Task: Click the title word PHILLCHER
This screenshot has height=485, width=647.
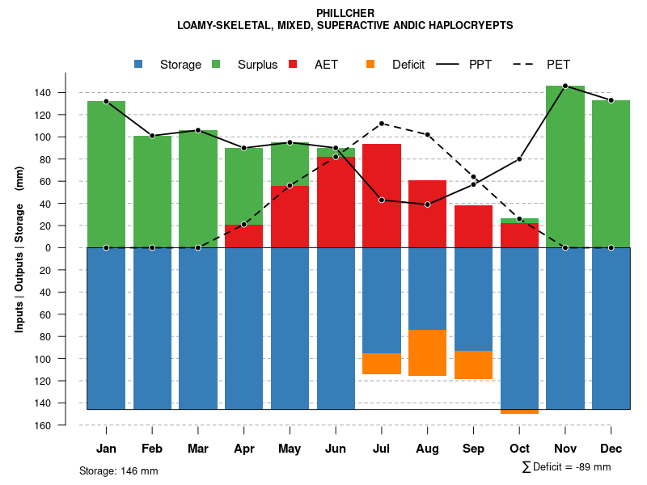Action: point(345,14)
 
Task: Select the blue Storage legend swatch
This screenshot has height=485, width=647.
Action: point(139,64)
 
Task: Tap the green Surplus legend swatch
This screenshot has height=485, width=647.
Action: point(217,64)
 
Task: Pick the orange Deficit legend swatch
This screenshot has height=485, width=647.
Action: point(370,64)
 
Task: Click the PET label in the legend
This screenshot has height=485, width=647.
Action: point(558,65)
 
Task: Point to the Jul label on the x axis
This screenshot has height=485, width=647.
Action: point(382,449)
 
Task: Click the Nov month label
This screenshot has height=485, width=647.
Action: point(565,449)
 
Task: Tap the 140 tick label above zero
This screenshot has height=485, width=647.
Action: point(66,93)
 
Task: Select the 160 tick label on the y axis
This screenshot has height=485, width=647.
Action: point(66,425)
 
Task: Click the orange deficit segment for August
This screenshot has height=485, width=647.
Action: point(428,352)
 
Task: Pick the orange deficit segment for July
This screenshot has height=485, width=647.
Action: point(382,364)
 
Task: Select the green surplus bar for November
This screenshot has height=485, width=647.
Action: point(565,167)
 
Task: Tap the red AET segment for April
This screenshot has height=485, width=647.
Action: point(244,236)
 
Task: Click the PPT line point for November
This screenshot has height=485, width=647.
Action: point(565,86)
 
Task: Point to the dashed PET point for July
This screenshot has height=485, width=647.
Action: point(382,124)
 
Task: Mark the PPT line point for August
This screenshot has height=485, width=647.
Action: point(428,205)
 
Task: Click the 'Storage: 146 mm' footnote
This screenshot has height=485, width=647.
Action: point(119,471)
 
